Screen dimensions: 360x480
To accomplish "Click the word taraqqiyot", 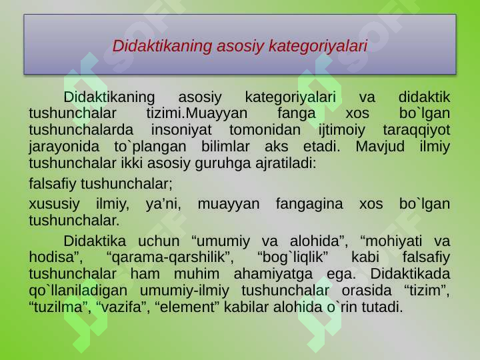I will pyautogui.click(x=417, y=129).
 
